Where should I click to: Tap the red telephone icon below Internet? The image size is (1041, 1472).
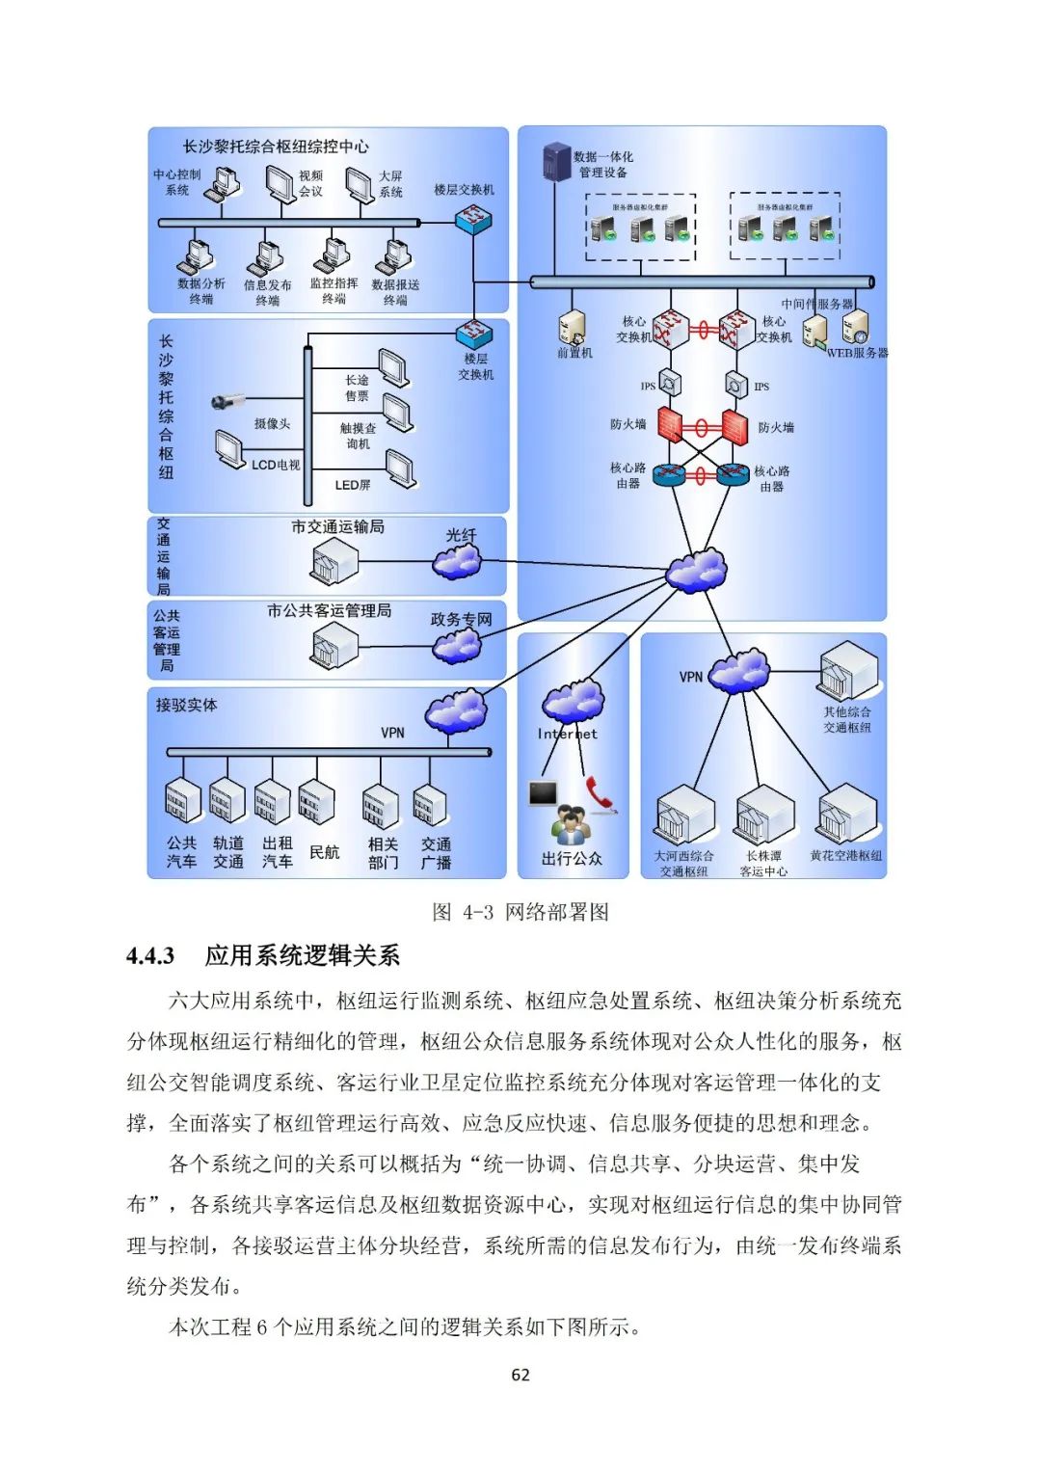[600, 794]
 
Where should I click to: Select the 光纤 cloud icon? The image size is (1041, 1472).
[457, 559]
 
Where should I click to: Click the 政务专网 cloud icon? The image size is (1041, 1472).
[457, 644]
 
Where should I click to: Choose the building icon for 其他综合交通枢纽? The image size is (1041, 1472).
[848, 672]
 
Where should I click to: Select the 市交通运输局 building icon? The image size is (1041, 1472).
[334, 561]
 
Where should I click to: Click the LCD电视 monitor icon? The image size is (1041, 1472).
[229, 449]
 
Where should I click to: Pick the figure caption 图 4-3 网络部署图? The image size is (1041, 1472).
[520, 912]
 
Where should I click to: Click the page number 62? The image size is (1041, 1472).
[520, 1375]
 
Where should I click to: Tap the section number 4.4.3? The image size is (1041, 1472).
[150, 956]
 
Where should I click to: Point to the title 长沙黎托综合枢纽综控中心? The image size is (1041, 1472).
[276, 147]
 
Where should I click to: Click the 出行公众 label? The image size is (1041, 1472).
[572, 858]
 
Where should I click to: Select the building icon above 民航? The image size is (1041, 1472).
[315, 803]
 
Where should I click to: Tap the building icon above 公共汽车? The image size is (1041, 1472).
[182, 801]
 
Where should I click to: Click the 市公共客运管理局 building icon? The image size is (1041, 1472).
[334, 645]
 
